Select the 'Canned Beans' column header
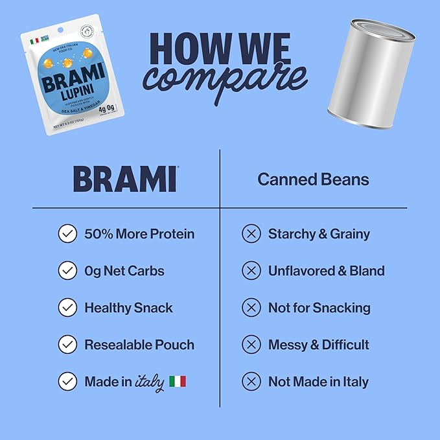(x=313, y=179)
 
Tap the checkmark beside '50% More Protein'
(x=67, y=234)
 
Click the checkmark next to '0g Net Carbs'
(x=67, y=271)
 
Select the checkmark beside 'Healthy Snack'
(x=67, y=308)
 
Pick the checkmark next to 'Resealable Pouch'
(x=67, y=345)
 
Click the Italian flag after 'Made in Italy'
(x=178, y=382)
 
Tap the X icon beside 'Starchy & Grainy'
(x=251, y=234)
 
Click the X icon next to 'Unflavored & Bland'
(x=251, y=271)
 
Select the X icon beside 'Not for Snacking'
(x=251, y=308)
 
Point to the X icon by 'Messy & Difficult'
(x=251, y=345)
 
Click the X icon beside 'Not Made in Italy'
(x=251, y=382)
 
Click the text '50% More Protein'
(x=139, y=234)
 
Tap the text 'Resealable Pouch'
(x=139, y=345)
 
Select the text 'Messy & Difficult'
(x=319, y=345)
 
